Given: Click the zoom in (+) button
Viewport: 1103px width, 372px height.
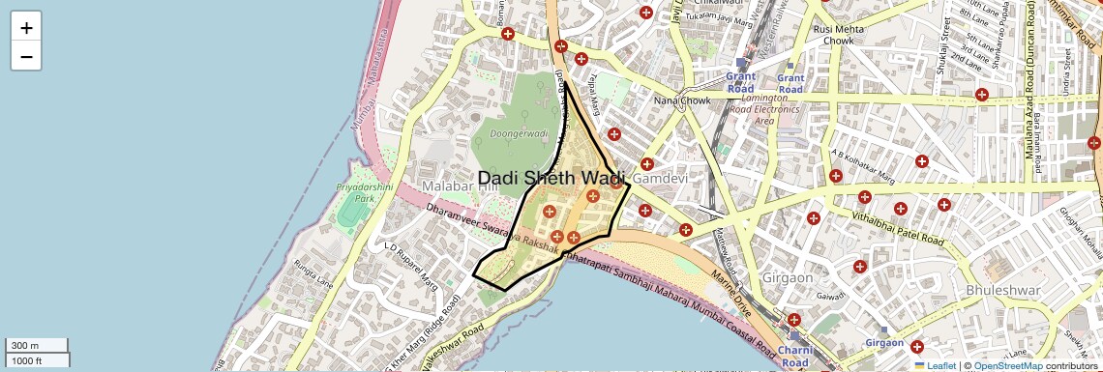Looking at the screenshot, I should coord(26,28).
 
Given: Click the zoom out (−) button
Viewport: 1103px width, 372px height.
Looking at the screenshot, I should coord(26,56).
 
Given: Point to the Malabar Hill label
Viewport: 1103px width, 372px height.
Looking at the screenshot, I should coord(460,186).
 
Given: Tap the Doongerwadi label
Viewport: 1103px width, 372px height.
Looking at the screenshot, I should coord(520,133).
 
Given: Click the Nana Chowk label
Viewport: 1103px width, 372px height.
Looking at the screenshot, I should coord(682,100).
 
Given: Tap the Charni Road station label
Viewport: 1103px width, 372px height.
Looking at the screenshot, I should coord(795,356).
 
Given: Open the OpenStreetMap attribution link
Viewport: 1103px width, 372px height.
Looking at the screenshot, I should coord(1007,365).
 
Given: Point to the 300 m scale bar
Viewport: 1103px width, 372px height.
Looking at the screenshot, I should coord(36,345).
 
